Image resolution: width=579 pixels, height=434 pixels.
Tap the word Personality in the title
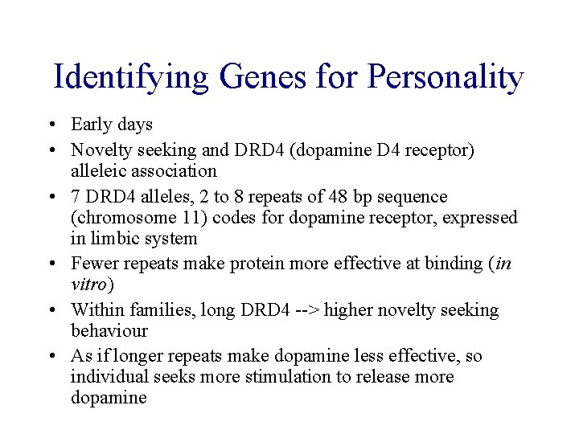click(x=445, y=77)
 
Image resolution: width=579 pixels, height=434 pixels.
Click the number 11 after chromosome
click(x=180, y=218)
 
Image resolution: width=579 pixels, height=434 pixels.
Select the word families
click(x=158, y=310)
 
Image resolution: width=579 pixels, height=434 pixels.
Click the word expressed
click(x=482, y=218)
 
